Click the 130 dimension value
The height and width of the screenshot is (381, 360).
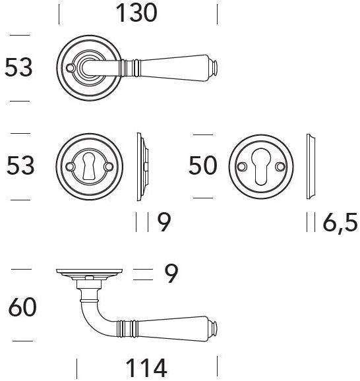[136, 13]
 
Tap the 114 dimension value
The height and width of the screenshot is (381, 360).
[146, 368]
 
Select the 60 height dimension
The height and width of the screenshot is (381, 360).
[22, 307]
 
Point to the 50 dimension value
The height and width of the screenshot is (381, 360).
[202, 165]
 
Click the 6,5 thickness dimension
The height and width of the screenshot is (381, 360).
[340, 222]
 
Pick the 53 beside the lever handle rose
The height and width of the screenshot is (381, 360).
[18, 67]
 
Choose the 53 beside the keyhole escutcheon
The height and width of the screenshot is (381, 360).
[20, 165]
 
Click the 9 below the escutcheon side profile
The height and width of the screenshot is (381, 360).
[164, 222]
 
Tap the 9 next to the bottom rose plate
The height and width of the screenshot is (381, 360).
[171, 274]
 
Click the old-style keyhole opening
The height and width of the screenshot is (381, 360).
[89, 167]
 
